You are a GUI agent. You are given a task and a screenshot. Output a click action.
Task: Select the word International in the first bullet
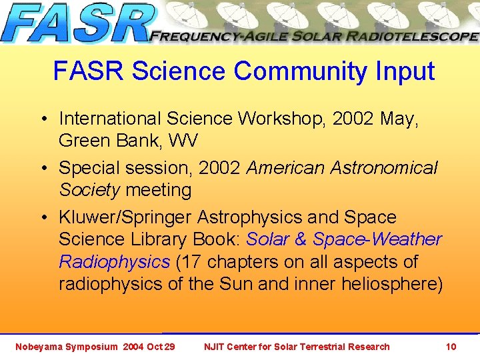click(110, 119)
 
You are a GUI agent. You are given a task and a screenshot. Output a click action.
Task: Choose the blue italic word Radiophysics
click(114, 262)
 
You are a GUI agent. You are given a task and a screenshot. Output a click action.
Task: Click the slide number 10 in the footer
click(451, 347)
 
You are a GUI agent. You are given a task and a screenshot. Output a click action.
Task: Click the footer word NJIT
click(215, 347)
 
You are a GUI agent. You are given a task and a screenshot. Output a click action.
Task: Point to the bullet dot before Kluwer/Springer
click(42, 218)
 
